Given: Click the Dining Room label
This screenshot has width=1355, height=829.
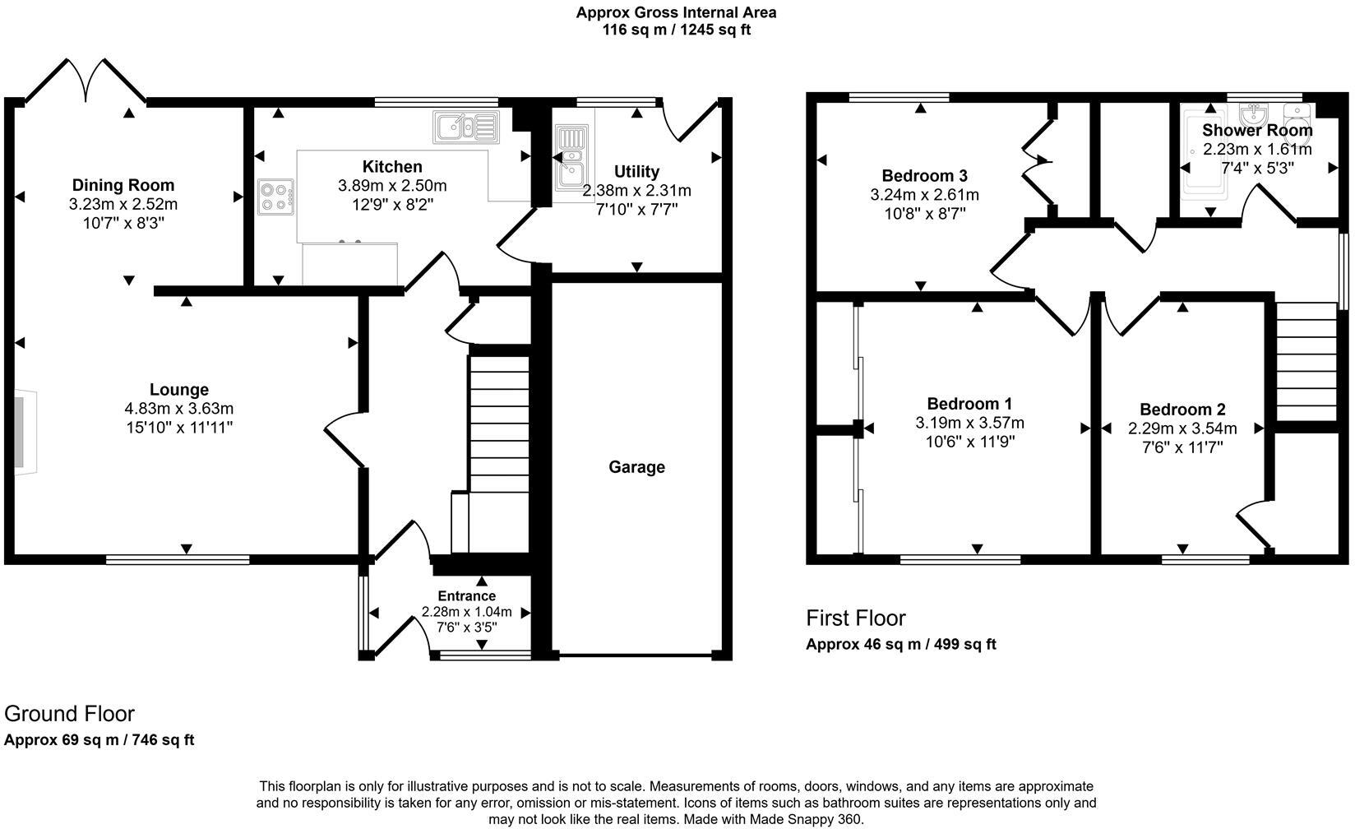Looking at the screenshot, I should [123, 185].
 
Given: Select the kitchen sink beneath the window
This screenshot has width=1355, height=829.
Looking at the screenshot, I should [465, 127].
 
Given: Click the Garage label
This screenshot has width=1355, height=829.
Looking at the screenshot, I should [636, 467].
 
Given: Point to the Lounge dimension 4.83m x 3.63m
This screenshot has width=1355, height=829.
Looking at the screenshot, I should [178, 409].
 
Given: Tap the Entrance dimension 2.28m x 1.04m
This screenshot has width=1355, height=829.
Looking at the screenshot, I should [466, 612].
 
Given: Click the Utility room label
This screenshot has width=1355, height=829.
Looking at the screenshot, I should [636, 171].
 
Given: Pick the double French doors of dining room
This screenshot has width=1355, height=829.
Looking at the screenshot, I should [86, 82].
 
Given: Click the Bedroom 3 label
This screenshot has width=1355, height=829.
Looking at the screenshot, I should [924, 175].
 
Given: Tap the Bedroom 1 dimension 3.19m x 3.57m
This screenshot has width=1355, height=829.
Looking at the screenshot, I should [969, 424].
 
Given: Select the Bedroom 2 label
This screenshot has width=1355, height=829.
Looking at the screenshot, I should [1182, 410].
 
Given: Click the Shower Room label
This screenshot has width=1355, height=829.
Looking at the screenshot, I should [1256, 130].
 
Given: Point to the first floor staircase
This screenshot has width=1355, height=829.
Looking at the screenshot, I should [1306, 362].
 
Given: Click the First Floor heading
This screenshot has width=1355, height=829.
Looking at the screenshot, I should [855, 618].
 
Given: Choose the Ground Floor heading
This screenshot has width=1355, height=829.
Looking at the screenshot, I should [69, 713].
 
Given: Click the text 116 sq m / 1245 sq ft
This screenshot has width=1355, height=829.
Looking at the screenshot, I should [676, 30].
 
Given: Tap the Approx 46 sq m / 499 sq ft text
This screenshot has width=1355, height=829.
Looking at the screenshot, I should [900, 644].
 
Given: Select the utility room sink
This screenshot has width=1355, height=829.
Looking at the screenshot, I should [569, 164].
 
